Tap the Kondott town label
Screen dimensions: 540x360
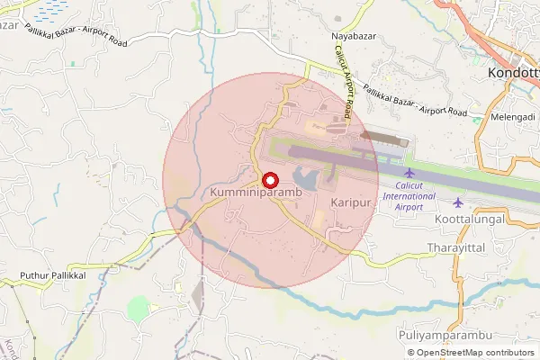512,73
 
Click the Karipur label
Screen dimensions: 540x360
351,203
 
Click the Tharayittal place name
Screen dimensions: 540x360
457,247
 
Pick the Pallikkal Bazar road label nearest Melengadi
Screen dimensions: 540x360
415,99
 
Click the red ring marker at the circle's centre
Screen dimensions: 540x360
267,179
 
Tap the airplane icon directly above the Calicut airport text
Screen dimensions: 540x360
409,172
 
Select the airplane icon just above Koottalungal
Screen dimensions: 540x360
459,201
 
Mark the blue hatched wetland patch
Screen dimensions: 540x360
49,9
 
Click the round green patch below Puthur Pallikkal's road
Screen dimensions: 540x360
138,309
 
